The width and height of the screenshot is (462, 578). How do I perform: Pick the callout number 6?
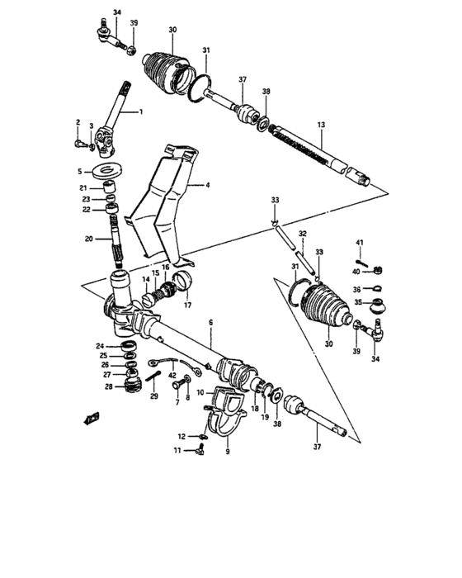point(210,322)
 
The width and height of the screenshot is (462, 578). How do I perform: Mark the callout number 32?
point(303,234)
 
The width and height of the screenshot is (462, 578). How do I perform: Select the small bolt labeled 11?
point(198,450)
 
